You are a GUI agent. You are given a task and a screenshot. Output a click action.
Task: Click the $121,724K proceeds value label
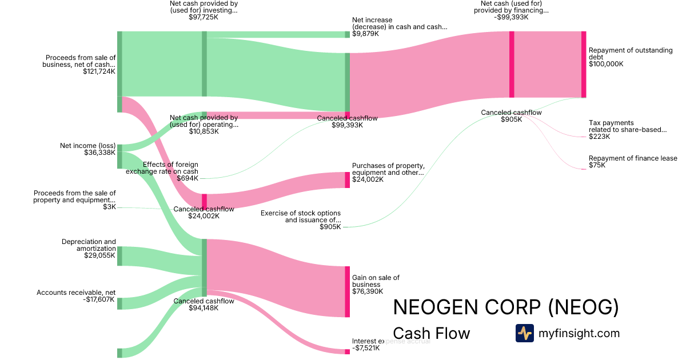tap(99, 72)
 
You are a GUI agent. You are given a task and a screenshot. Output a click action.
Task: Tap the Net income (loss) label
tap(87, 146)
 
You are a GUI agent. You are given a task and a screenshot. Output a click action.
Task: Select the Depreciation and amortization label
tap(89, 245)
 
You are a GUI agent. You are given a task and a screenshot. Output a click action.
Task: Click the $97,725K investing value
tap(204, 18)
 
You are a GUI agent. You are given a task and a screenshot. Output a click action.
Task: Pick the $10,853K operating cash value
tap(204, 131)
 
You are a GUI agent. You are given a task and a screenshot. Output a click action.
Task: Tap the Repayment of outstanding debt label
tap(630, 54)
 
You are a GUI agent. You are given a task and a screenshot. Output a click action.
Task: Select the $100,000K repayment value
tap(606, 64)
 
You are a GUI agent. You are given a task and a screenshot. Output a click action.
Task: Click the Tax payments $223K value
tap(600, 137)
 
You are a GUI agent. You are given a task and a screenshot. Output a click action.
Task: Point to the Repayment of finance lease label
tap(633, 158)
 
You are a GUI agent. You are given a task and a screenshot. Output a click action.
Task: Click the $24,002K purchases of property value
tap(368, 179)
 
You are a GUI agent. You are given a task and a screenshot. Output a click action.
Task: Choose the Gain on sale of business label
tap(376, 281)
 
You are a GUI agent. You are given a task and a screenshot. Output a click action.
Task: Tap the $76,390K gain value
tap(368, 291)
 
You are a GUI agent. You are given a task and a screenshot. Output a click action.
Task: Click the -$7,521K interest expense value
tap(366, 348)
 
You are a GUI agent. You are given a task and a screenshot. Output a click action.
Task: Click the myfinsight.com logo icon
tap(524, 333)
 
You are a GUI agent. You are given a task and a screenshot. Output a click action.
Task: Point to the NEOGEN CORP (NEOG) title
tap(506, 307)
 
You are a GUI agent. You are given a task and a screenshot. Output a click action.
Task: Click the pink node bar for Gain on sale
tap(347, 291)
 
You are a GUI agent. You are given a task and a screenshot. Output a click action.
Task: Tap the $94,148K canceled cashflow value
tap(204, 308)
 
